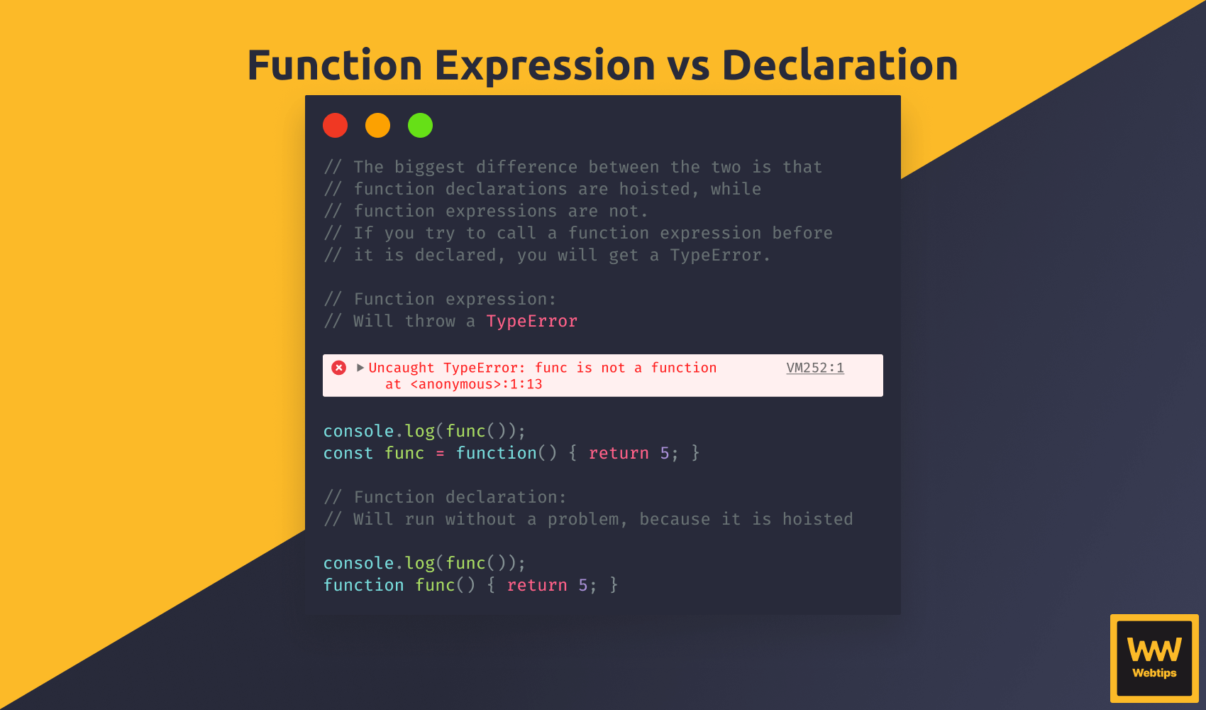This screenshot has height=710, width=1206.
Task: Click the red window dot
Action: pyautogui.click(x=335, y=126)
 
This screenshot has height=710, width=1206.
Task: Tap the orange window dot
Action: pyautogui.click(x=377, y=126)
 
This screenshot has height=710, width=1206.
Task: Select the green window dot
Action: pyautogui.click(x=420, y=126)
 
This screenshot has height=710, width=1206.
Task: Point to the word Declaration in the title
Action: pyautogui.click(x=840, y=65)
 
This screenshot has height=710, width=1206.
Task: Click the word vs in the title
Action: pyautogui.click(x=689, y=68)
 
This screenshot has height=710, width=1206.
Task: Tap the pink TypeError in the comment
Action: pyautogui.click(x=532, y=321)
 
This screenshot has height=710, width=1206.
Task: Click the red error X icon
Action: pyautogui.click(x=338, y=367)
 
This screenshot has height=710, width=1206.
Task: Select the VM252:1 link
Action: pyautogui.click(x=815, y=367)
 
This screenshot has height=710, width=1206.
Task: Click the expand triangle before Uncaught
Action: pyautogui.click(x=360, y=367)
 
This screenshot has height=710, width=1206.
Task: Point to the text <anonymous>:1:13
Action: pyautogui.click(x=476, y=384)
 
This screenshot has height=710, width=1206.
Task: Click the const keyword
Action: pyautogui.click(x=348, y=453)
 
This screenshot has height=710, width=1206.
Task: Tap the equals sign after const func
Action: pyautogui.click(x=440, y=454)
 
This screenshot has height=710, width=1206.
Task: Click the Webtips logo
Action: pyautogui.click(x=1154, y=658)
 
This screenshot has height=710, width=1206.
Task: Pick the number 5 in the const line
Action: pyautogui.click(x=665, y=453)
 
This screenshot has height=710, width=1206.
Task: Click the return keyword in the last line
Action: pyautogui.click(x=537, y=585)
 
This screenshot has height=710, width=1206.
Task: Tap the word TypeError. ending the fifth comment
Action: pyautogui.click(x=720, y=255)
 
